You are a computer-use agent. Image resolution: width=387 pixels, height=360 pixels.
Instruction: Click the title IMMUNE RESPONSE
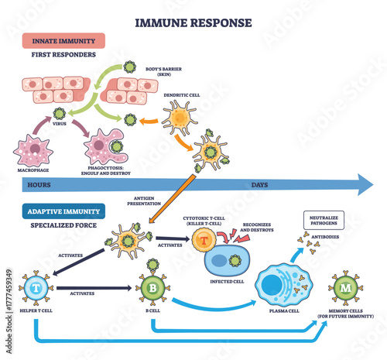(x=193, y=22)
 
